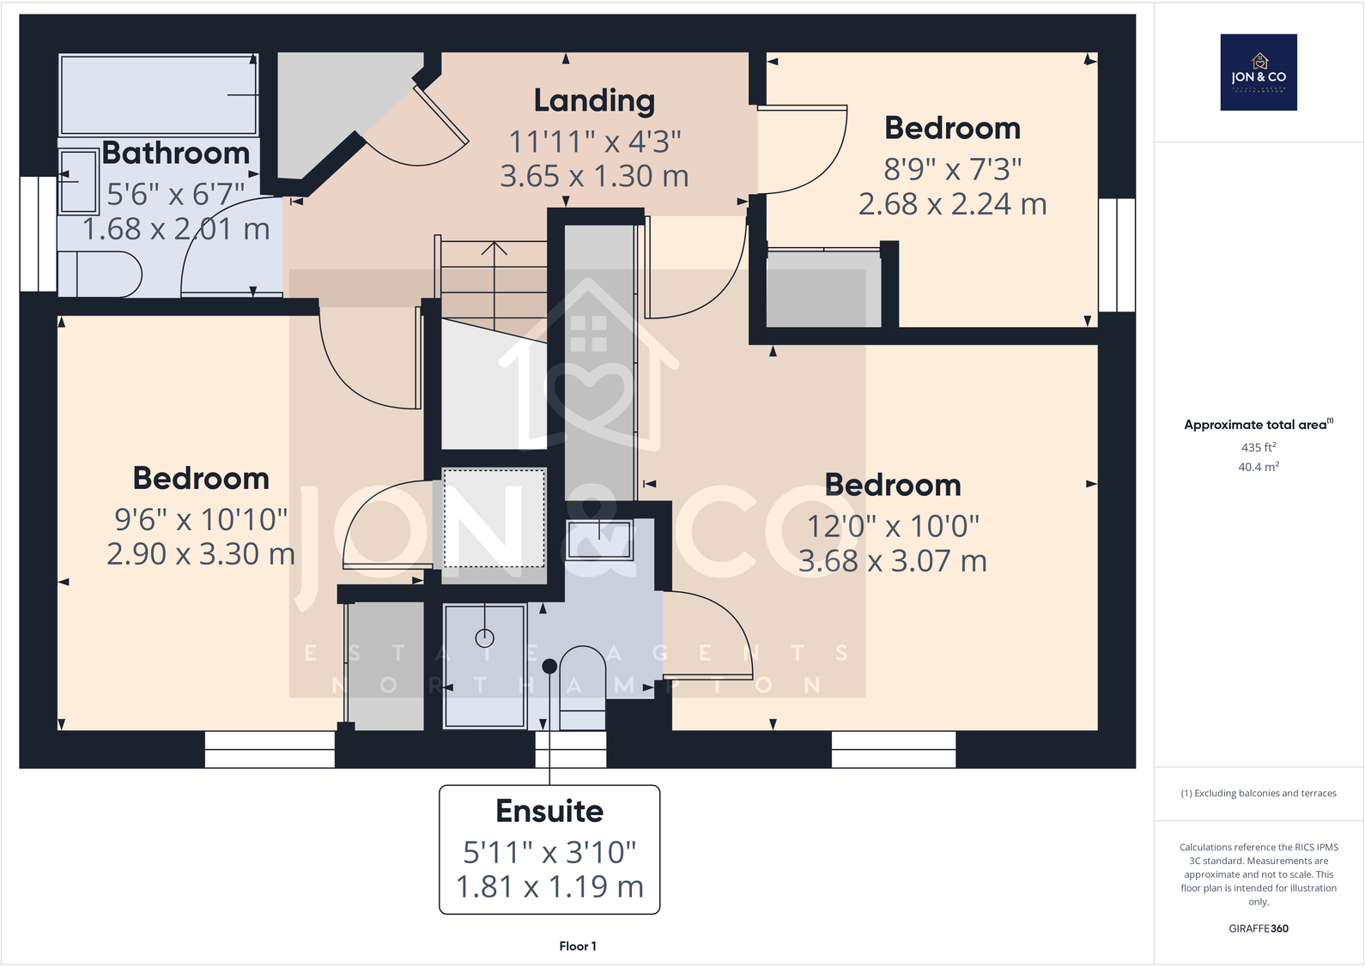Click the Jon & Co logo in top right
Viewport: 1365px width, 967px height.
tap(1258, 72)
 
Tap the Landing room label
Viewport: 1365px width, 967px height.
tap(594, 101)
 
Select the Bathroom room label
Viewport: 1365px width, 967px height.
tap(176, 154)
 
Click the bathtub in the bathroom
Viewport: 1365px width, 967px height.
tap(158, 94)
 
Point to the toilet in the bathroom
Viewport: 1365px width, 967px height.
tap(101, 274)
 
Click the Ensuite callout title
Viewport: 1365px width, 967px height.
tap(549, 811)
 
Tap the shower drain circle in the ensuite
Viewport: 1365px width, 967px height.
tap(484, 638)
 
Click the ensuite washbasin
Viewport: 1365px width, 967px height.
tap(599, 540)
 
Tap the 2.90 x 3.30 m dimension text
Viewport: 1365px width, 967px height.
tap(201, 554)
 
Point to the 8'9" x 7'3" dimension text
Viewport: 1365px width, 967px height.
tap(952, 170)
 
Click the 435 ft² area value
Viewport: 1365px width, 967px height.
tap(1258, 447)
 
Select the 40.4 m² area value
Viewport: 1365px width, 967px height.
tap(1258, 467)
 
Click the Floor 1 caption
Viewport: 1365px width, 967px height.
tap(577, 946)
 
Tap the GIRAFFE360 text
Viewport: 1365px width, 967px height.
tap(1258, 928)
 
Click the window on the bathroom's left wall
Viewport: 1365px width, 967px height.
tap(38, 234)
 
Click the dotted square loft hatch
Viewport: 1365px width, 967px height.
tap(494, 517)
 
